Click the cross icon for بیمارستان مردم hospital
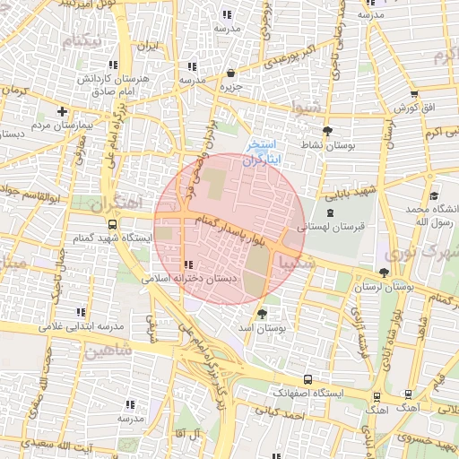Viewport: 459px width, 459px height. coord(61,112)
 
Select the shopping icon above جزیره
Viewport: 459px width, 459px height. coord(230,74)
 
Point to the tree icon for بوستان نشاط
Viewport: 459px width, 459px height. coord(326,130)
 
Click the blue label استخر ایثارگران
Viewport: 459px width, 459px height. coord(266,151)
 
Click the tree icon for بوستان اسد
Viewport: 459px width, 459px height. coord(262,314)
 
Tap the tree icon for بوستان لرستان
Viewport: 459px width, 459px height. coord(385,272)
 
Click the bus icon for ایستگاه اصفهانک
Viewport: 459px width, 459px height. coord(308,379)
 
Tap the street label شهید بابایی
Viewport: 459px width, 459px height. coord(351,192)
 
